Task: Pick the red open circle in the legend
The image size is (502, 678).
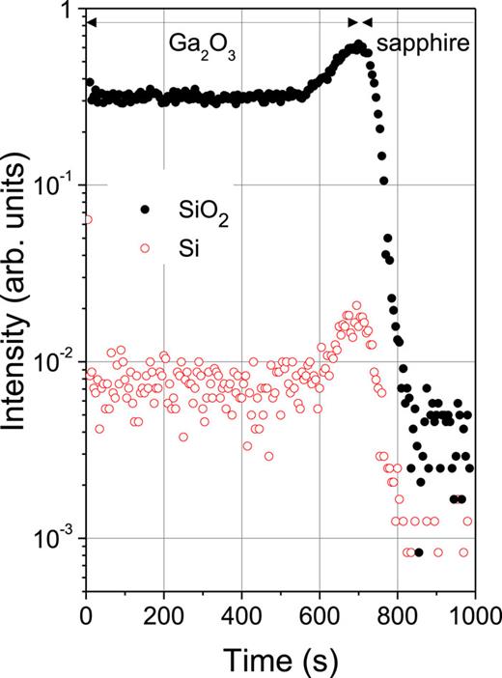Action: [145, 248]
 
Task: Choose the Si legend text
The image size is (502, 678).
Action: [178, 248]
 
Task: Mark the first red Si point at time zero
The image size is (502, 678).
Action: [88, 219]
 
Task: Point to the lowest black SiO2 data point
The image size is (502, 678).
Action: [418, 552]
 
